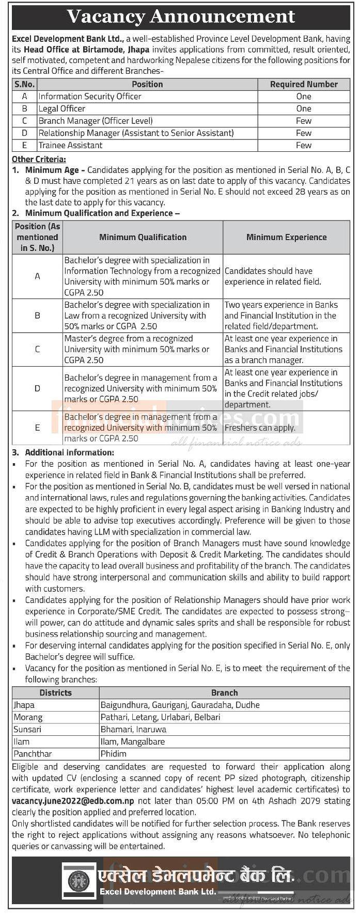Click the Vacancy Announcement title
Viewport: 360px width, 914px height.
181,17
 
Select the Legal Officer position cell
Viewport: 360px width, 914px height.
62,108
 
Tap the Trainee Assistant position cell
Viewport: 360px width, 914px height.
70,145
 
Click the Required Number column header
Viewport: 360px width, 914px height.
304,84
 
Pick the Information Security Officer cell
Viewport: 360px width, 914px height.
90,97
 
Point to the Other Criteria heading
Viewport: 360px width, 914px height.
39,160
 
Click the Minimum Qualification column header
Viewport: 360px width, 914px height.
143,238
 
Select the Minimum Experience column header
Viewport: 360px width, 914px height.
286,238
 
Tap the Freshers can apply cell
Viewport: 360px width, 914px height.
260,428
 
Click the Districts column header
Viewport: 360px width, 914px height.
55,693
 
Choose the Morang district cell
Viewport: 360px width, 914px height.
28,717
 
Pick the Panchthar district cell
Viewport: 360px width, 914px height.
33,754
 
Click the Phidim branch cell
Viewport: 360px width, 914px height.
114,754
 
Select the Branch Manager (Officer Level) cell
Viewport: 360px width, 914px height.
96,121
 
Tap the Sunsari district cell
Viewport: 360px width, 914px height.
28,730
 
